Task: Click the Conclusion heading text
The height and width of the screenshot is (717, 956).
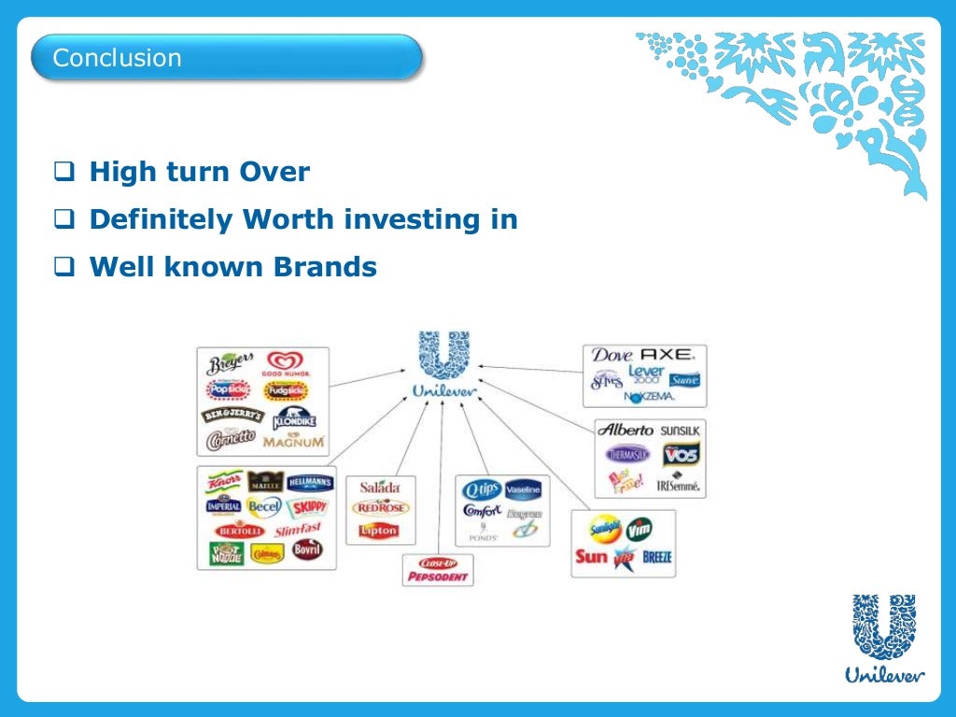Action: [117, 58]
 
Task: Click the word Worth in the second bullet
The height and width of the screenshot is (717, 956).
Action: [289, 220]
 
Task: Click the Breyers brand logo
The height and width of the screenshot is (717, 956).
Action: [230, 363]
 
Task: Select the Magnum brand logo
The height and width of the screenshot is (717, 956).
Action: [293, 441]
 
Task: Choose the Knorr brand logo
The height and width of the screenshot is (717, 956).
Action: [224, 483]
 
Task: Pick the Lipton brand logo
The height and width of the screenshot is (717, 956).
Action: [379, 530]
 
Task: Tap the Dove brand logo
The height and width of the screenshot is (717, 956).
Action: [612, 356]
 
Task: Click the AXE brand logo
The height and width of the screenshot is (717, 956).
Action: [668, 355]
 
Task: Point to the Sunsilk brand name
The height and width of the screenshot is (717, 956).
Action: [680, 431]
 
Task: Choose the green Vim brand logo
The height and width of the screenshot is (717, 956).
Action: [640, 529]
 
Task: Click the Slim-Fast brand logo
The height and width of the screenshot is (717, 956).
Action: [299, 530]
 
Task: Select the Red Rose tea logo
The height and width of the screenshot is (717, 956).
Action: [380, 507]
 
